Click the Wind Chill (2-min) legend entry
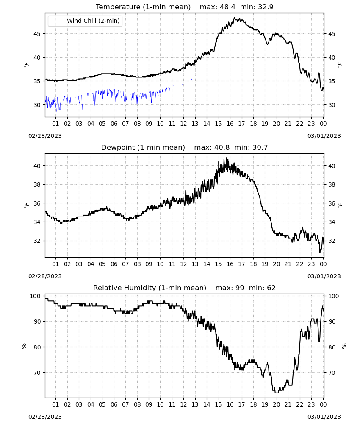point(85,21)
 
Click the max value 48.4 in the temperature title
point(227,7)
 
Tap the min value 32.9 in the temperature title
point(266,7)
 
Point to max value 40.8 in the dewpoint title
point(222,148)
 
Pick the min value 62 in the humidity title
point(271,288)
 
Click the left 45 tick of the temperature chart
point(37,34)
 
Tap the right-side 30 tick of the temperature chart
point(331,105)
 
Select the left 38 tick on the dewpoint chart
point(37,184)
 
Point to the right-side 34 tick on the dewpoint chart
point(331,222)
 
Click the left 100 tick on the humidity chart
point(36,296)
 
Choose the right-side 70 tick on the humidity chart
point(331,373)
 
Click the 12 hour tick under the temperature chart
point(183,124)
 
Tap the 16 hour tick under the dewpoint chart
point(230,264)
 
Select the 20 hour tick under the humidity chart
point(276,404)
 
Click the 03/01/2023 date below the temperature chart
point(324,136)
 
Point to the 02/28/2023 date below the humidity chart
point(45,417)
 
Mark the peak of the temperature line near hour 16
point(234,17)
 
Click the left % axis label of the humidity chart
point(24,346)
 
